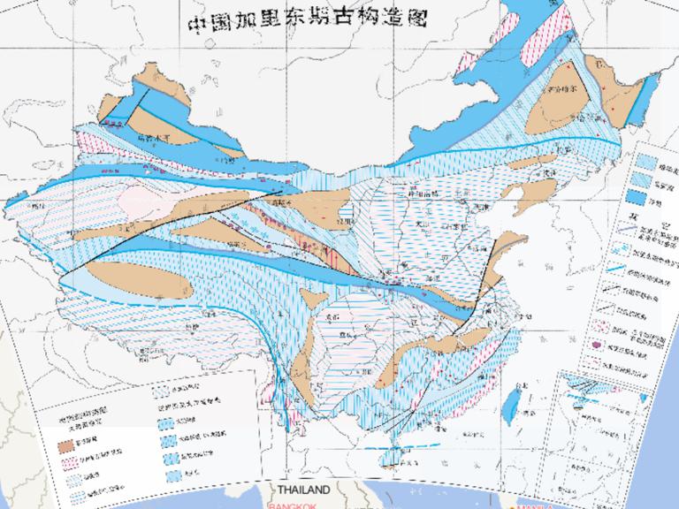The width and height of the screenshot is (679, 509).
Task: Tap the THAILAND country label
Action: [303, 490]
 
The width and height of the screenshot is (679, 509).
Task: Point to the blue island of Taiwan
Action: [510, 409]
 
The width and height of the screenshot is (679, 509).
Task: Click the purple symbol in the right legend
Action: [600, 344]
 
